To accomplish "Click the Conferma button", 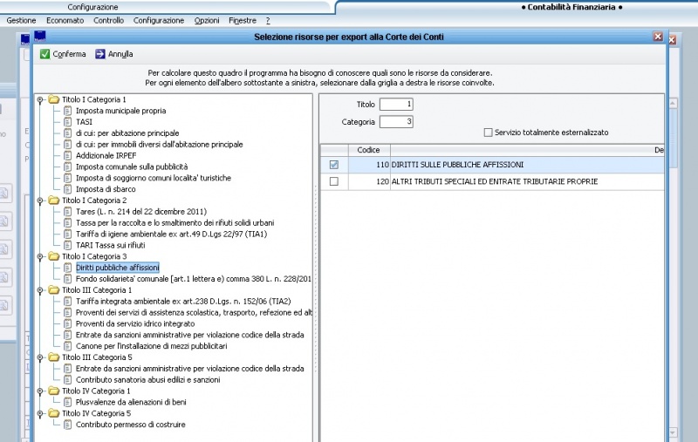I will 63,54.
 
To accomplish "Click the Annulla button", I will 113,54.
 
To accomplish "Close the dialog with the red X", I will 658,37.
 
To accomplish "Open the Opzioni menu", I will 207,20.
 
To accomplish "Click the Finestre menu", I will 243,20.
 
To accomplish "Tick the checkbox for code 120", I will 333,181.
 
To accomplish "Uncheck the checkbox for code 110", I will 333,165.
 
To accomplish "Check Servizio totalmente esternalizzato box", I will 488,133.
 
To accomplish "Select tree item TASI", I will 85,122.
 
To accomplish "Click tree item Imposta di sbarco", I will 105,189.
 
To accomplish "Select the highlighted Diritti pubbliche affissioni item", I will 117,268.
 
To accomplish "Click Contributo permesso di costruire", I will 130,425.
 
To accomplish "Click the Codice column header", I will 368,151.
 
